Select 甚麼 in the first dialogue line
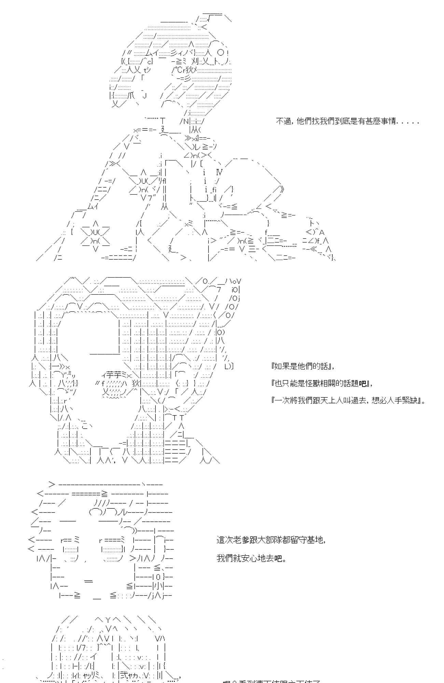pos(365,121)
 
